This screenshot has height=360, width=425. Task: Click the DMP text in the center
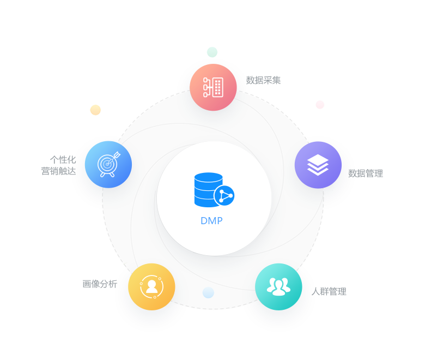pyautogui.click(x=211, y=221)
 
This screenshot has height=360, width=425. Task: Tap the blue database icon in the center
pyautogui.click(x=209, y=190)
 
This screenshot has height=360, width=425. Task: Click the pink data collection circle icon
pyautogui.click(x=214, y=87)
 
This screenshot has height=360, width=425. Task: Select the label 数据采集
pyautogui.click(x=264, y=80)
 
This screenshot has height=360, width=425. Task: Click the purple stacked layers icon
pyautogui.click(x=318, y=165)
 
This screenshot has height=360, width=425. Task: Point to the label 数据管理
pyautogui.click(x=366, y=173)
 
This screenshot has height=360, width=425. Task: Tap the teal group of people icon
pyautogui.click(x=278, y=286)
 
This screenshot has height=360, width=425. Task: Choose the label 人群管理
pyautogui.click(x=329, y=291)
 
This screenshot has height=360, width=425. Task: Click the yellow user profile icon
pyautogui.click(x=151, y=287)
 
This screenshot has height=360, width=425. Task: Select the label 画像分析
pyautogui.click(x=100, y=284)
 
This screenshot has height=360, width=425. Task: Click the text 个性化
pyautogui.click(x=63, y=160)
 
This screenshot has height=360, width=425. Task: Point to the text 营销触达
pyautogui.click(x=59, y=171)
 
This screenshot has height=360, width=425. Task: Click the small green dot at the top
pyautogui.click(x=212, y=52)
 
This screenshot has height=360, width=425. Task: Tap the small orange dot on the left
pyautogui.click(x=95, y=110)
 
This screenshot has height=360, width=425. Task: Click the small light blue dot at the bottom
pyautogui.click(x=208, y=293)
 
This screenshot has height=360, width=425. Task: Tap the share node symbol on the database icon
pyautogui.click(x=224, y=195)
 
